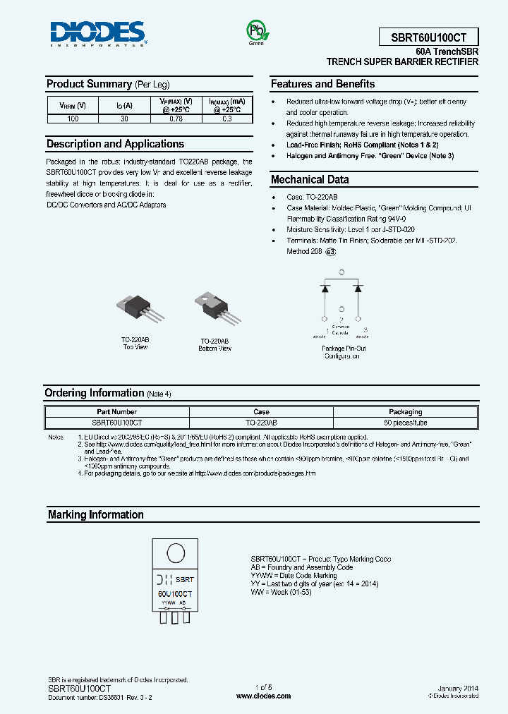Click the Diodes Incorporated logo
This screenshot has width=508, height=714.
tap(97, 33)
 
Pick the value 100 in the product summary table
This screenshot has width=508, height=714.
tap(73, 119)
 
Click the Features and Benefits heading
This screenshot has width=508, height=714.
tap(323, 84)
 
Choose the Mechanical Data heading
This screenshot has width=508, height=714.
tap(310, 179)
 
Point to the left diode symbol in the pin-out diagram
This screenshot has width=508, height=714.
tap(325, 288)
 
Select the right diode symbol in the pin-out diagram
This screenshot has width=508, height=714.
tap(358, 288)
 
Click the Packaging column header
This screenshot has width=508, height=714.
tap(406, 412)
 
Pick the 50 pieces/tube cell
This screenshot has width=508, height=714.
tap(406, 423)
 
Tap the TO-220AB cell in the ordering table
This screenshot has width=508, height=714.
tap(261, 423)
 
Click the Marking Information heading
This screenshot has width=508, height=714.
tap(95, 515)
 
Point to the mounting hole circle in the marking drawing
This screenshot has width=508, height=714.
tap(175, 551)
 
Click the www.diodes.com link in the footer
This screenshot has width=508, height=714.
tap(263, 696)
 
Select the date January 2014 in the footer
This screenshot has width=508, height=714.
tap(458, 688)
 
